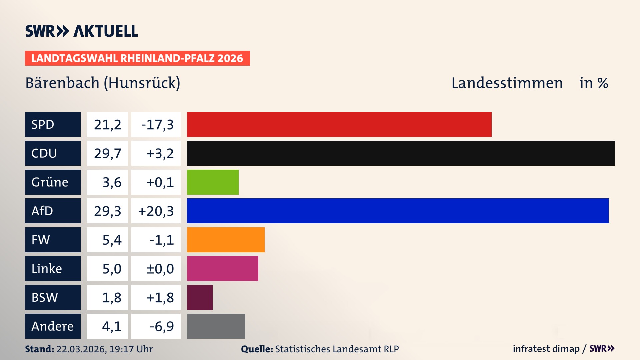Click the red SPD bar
coord(339,124)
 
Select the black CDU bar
coord(401,153)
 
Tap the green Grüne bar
coord(213,182)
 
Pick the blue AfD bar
coord(398,211)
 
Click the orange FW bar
coord(226,240)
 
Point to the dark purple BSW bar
coord(200,297)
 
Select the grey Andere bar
coord(216,326)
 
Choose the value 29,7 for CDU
coord(107,153)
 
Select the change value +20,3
coord(156,211)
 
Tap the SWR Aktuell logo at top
coord(81,31)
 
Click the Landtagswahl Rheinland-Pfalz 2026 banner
coord(137,58)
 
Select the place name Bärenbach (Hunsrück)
coord(103,83)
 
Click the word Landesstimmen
coord(507,83)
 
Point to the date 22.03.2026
coord(81,349)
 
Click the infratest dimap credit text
coord(546,349)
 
